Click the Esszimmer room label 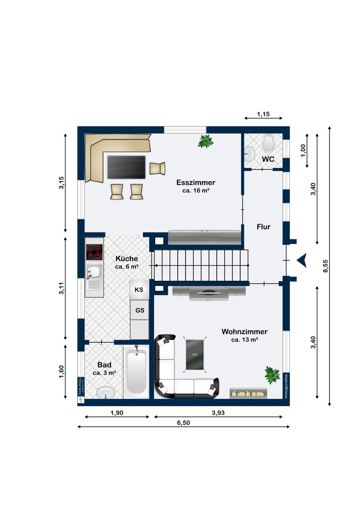(196, 182)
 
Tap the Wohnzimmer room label (245, 332)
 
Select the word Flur (264, 227)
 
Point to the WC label (268, 159)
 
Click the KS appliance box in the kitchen (139, 289)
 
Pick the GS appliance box (139, 310)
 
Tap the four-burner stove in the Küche (94, 252)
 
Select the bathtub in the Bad (136, 371)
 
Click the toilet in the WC (269, 143)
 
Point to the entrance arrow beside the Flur (302, 260)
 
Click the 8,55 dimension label (326, 266)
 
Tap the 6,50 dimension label (183, 423)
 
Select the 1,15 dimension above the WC (263, 114)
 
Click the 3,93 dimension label (218, 413)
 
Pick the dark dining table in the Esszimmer (126, 167)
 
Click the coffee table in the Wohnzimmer (195, 355)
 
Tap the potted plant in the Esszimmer (206, 141)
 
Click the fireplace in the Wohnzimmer (248, 393)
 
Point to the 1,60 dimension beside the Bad (61, 372)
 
